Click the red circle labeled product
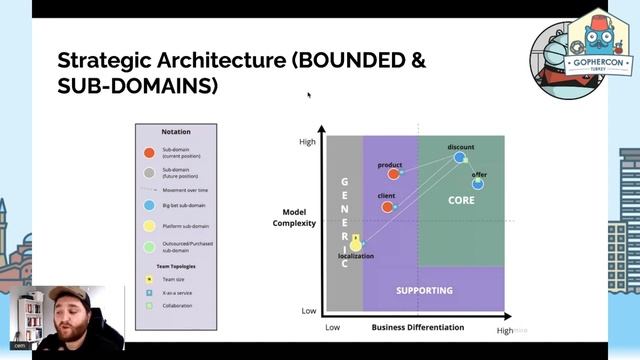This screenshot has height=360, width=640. coord(394,173)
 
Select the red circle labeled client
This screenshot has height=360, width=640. coord(388,207)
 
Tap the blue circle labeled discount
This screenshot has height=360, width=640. coord(460,157)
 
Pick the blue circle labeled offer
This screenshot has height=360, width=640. coord(478,183)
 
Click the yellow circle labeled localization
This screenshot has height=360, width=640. coord(354,244)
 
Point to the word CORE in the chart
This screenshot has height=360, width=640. coord(461,200)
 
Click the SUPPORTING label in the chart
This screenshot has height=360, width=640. coord(424,291)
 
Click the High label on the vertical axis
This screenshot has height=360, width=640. coord(307,142)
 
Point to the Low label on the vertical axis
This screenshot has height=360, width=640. coord(309,311)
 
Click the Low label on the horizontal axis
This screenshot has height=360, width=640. coord(333,327)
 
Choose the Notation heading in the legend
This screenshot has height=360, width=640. coord(176,131)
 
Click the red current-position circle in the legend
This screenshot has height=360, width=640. coord(149,153)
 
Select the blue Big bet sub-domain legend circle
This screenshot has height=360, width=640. coord(149,204)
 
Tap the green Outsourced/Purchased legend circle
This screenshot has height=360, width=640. coord(149,245)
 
